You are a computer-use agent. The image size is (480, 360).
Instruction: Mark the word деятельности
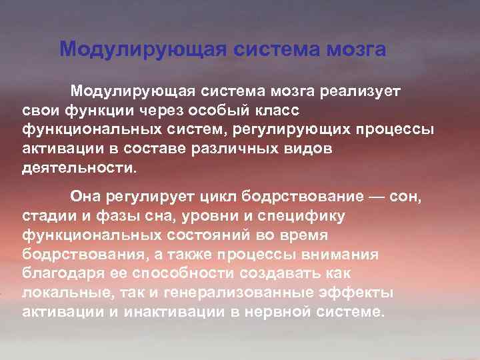coord(77,166)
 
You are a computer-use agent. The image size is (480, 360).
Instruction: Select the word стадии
coord(48,217)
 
